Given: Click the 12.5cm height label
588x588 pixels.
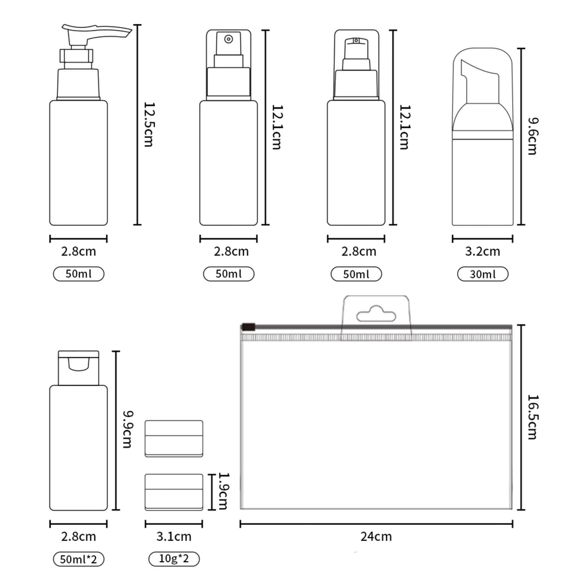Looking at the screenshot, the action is pyautogui.click(x=149, y=125).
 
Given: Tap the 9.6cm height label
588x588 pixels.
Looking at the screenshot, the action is pyautogui.click(x=532, y=136).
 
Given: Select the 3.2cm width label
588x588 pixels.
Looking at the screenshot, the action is pyautogui.click(x=482, y=252).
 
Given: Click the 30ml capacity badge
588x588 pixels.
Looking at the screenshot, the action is pyautogui.click(x=482, y=274).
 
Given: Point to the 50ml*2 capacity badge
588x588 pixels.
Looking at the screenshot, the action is pyautogui.click(x=79, y=559).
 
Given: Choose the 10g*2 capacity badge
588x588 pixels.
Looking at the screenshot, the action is pyautogui.click(x=174, y=559).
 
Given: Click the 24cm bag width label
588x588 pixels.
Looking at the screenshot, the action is pyautogui.click(x=376, y=536).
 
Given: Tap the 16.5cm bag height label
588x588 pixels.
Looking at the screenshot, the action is pyautogui.click(x=532, y=417).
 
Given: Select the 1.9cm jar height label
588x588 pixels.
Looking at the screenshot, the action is pyautogui.click(x=223, y=492).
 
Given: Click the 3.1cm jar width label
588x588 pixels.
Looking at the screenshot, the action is pyautogui.click(x=174, y=536).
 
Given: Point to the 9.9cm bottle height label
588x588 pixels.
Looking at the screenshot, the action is pyautogui.click(x=127, y=430).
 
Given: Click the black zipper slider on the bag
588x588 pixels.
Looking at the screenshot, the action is pyautogui.click(x=248, y=327).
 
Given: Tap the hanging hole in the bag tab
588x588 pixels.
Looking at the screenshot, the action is pyautogui.click(x=376, y=315).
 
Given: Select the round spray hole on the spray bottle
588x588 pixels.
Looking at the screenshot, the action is pyautogui.click(x=229, y=39).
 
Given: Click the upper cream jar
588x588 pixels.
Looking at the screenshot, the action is pyautogui.click(x=174, y=438).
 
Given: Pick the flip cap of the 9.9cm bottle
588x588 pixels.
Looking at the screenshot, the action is pyautogui.click(x=79, y=368).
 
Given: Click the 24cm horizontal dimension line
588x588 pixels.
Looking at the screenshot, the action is pyautogui.click(x=376, y=524).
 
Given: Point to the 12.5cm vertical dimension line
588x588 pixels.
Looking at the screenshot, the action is pyautogui.click(x=138, y=125).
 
